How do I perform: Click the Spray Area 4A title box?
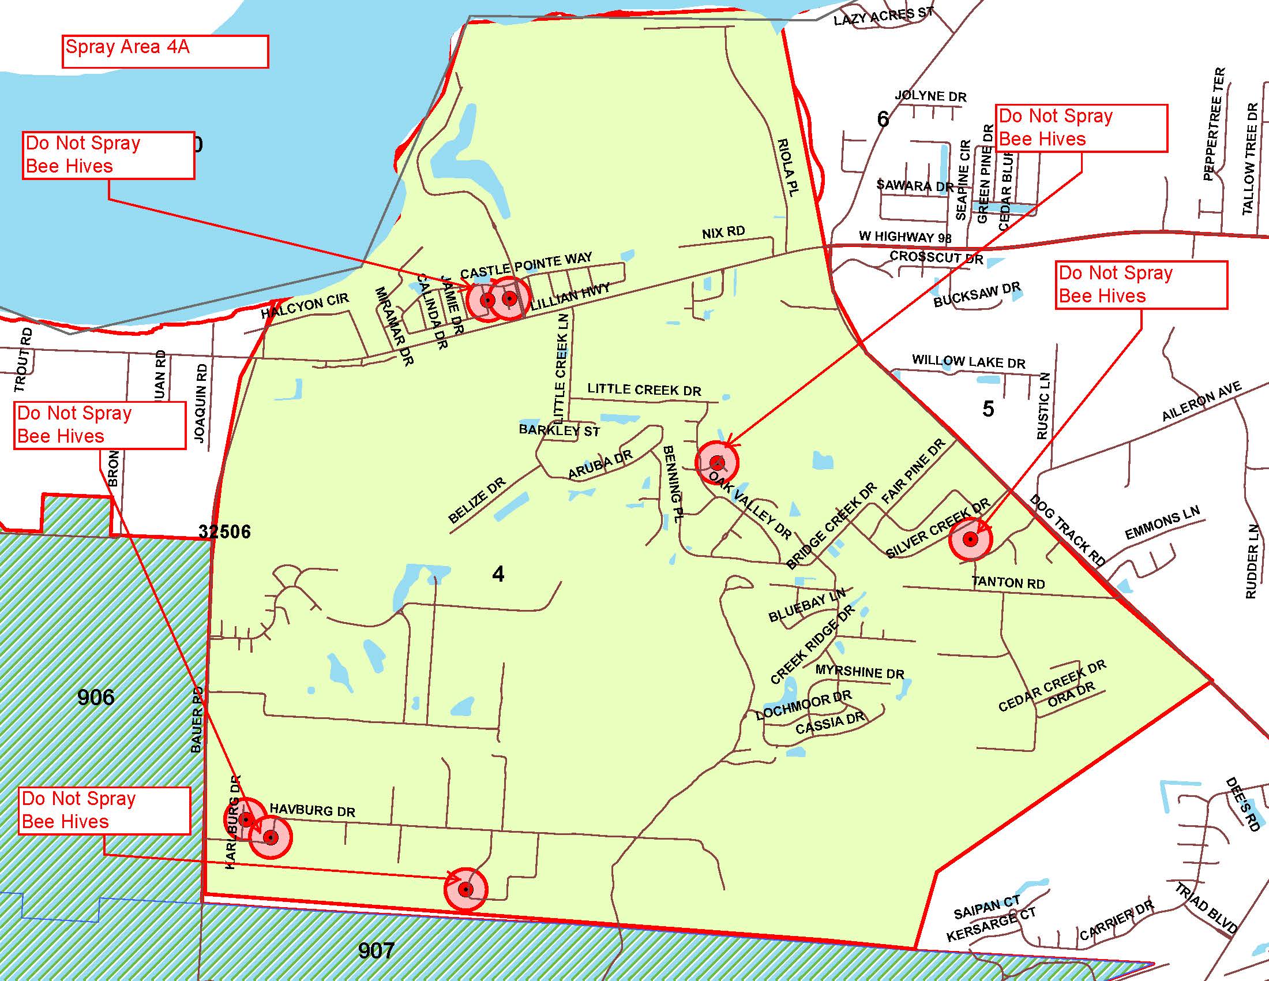coord(164,51)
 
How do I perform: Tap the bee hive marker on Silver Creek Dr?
coord(970,540)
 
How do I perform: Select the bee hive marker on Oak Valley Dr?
coord(717,463)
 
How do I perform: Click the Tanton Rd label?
coord(1008,582)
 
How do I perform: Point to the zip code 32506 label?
coord(224,531)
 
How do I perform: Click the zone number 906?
coord(96,697)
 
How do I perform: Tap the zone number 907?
coord(377,951)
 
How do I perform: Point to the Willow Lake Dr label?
coord(968,361)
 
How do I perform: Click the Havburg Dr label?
coord(312,810)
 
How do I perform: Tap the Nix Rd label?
coord(723,233)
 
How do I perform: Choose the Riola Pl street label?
coord(789,166)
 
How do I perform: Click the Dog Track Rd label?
coord(1067,530)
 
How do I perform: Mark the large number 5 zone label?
coord(988,409)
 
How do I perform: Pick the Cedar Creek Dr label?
coord(1052,686)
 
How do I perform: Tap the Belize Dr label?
coord(477,500)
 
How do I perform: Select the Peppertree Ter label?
coord(1214,125)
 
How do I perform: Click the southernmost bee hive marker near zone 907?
coord(465,889)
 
